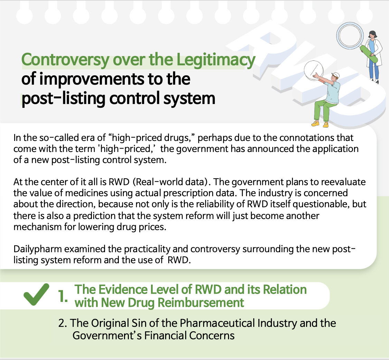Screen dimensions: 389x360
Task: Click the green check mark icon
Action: (36, 294)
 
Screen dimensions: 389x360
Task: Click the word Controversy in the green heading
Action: (65, 60)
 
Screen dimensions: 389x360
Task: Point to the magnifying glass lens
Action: (350, 35)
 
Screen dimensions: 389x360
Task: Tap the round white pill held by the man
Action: (314, 70)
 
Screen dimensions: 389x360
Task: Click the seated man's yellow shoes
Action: (320, 124)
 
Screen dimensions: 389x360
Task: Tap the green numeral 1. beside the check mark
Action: (63, 296)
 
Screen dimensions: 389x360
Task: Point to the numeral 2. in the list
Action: (63, 323)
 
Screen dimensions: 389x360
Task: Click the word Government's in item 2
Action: (107, 336)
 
